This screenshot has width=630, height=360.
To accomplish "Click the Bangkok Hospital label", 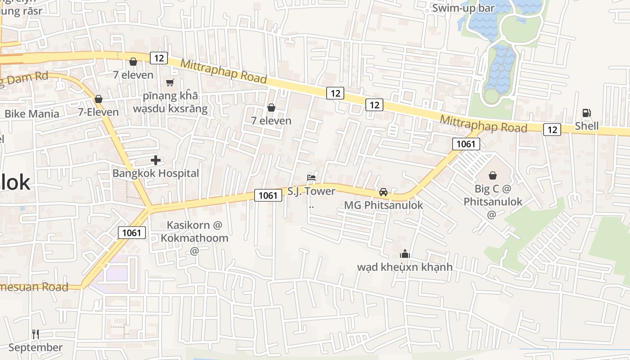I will [155, 173].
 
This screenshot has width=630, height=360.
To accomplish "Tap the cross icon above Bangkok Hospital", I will [156, 160].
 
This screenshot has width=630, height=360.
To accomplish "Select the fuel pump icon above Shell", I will [586, 113].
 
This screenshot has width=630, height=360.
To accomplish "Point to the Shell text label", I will [587, 126].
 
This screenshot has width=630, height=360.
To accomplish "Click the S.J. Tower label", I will [311, 191].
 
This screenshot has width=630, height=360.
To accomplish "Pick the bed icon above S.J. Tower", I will [311, 177].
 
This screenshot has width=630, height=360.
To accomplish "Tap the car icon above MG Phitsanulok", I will [383, 192].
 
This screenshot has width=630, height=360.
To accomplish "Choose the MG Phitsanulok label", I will [383, 205].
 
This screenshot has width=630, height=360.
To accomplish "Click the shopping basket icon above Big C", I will [493, 175].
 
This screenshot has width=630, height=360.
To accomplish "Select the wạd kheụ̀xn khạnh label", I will [405, 267].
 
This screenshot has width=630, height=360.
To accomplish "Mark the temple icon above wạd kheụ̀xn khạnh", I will [405, 254].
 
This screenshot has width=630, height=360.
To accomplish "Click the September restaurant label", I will [36, 347].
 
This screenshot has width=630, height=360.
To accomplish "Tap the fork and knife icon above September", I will [36, 334].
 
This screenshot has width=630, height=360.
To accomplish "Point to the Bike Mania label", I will [31, 113].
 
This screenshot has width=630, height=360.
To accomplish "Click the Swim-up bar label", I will [463, 8].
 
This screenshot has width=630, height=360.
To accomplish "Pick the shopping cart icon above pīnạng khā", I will [170, 82].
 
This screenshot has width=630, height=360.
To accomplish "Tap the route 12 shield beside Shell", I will [552, 130].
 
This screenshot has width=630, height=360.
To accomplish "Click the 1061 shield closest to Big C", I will [466, 144].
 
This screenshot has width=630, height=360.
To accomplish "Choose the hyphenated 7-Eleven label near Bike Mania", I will [98, 112].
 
